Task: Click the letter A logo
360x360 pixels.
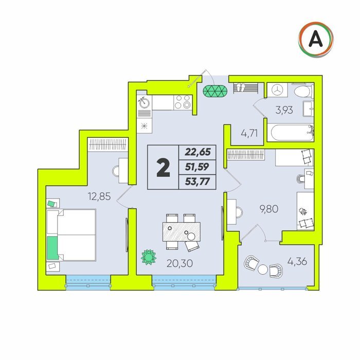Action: coord(316,40)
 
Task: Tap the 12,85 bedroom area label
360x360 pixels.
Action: coord(99,196)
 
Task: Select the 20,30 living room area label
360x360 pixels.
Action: coord(179,263)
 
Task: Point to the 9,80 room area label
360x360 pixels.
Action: coord(269,209)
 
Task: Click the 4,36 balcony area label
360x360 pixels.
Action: coord(297,261)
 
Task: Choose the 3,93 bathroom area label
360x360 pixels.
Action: coord(284,110)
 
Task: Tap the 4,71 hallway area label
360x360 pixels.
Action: coord(249,133)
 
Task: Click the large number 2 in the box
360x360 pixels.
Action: coord(163,168)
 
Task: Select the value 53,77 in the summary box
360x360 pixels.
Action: coord(197,182)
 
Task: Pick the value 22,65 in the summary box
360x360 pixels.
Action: coord(197,152)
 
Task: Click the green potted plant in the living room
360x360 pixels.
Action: coord(149,257)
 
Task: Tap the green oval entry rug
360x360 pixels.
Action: coord(215,91)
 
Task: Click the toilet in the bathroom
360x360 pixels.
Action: coord(304,91)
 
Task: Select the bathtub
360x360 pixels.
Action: coord(292,133)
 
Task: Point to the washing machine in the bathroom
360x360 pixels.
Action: coord(277,90)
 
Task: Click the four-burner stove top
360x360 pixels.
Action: coord(183,102)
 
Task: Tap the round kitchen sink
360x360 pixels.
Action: coord(145,103)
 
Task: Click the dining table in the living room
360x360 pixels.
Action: coord(182,231)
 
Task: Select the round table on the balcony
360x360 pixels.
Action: coord(263,269)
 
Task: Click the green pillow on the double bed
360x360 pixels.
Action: coord(52,248)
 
